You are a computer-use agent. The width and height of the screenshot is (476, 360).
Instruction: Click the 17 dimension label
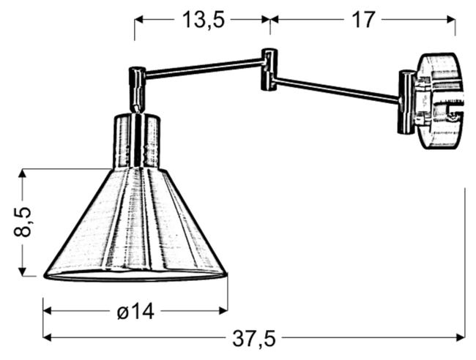click(362, 20)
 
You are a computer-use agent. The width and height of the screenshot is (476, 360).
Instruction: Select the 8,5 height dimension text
click(23, 222)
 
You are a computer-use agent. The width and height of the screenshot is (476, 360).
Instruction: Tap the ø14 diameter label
click(135, 312)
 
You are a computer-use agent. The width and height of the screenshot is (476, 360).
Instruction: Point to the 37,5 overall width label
click(253, 338)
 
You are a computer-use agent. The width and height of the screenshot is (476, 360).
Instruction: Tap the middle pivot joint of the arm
click(269, 70)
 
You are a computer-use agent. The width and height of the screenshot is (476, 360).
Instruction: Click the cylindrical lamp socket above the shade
click(136, 140)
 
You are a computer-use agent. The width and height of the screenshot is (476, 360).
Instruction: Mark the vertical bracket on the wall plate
click(405, 102)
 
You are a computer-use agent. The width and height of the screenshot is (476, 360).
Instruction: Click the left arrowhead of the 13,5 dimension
click(138, 20)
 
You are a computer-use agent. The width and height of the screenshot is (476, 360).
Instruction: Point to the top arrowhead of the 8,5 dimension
click(23, 173)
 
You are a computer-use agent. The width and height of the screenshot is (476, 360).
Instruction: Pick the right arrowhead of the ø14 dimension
click(223, 311)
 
